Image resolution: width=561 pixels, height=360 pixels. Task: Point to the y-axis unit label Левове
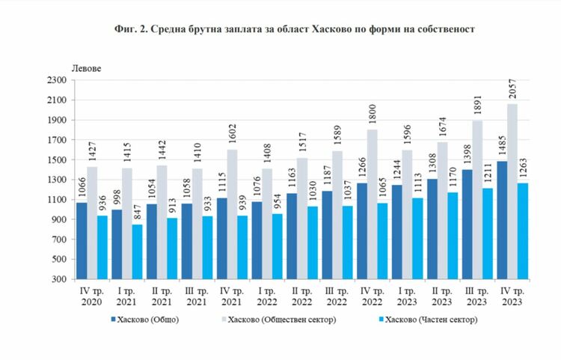[x=86, y=68]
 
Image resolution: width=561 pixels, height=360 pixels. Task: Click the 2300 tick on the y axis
[x=58, y=80]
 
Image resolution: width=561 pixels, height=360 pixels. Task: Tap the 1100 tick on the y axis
[x=58, y=199]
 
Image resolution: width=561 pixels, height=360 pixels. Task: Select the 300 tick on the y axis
[x=58, y=278]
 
